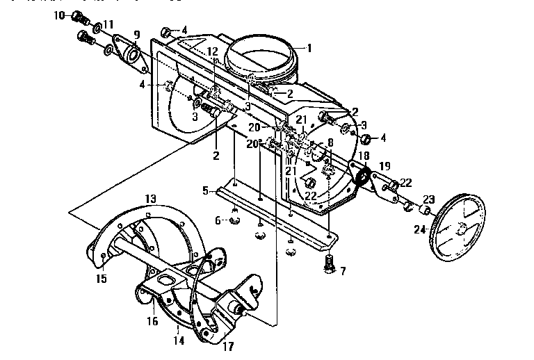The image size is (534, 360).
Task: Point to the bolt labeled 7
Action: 329,264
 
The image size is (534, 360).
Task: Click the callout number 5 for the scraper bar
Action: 205,189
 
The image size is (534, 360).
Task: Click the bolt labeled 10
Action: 77,16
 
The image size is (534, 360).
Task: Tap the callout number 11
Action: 108,24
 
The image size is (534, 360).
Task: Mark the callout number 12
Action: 213,52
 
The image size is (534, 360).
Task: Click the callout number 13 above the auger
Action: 151,199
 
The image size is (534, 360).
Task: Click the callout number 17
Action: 227,345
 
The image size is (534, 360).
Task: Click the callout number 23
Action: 428,198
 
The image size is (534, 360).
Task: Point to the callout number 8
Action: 330,142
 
